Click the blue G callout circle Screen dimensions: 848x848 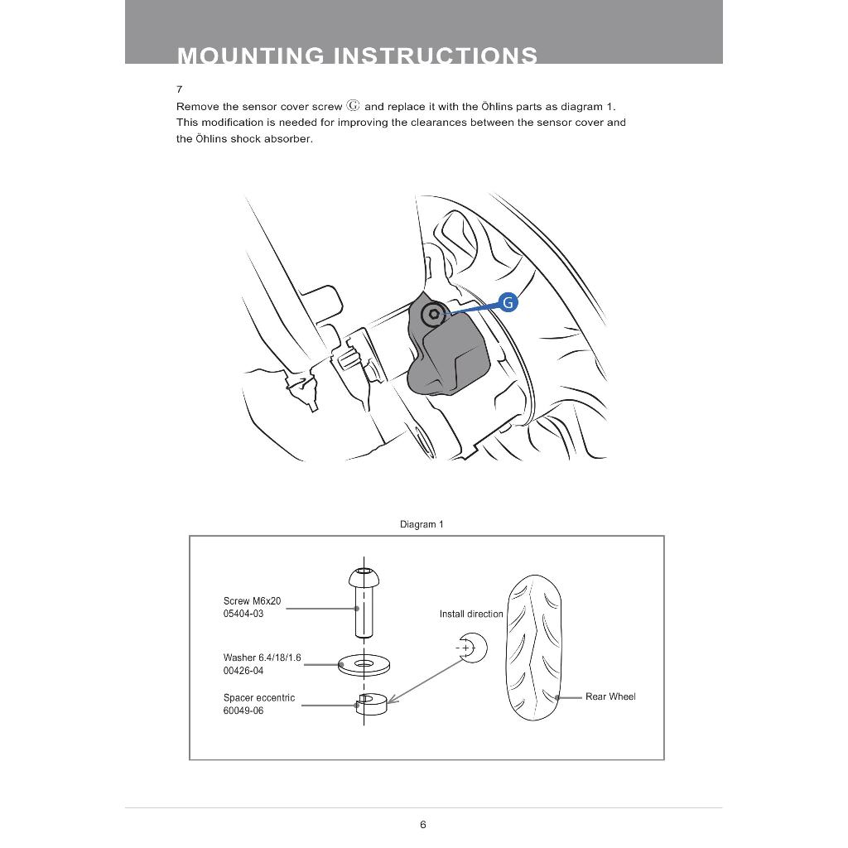coord(508,302)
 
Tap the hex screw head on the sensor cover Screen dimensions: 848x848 coord(432,315)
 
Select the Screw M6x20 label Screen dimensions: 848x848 coord(253,601)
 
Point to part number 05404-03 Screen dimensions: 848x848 coord(243,614)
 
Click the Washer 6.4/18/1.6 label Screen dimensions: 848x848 coord(263,658)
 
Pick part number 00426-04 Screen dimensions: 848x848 coord(243,671)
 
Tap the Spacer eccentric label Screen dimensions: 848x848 coord(259,697)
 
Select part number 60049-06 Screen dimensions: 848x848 coord(243,711)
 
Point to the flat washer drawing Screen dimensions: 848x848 coord(365,663)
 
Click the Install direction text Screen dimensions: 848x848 coord(471,614)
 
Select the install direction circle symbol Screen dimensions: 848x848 coord(471,648)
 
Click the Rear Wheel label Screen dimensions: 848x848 coord(610,696)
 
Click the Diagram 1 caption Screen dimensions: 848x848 coord(422,524)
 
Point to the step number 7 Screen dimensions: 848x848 coord(179,89)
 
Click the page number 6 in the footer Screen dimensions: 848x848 coord(423,824)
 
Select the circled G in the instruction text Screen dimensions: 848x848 coord(354,106)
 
